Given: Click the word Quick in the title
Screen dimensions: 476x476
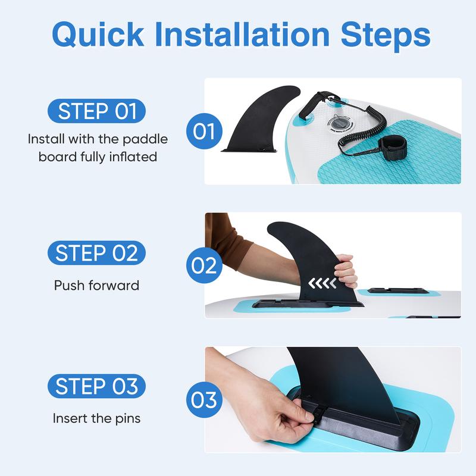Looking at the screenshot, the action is point(98,35).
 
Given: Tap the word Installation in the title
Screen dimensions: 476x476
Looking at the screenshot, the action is point(242,34).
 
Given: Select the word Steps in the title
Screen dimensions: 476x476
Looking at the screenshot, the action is point(386,36).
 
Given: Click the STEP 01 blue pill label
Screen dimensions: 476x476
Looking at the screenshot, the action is point(96,111).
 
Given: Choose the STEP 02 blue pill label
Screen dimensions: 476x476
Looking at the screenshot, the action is point(96,253).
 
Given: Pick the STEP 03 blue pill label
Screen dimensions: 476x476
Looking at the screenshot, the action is point(96,386).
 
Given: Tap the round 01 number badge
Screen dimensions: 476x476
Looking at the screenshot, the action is point(204,131).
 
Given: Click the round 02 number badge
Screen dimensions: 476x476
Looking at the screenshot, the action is point(204,265).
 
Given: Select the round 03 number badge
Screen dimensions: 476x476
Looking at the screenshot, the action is point(204,399).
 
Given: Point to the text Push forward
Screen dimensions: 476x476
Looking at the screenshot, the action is point(96,286).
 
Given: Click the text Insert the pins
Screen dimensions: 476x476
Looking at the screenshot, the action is point(96,418).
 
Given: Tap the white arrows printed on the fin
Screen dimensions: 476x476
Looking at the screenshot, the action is point(322,283).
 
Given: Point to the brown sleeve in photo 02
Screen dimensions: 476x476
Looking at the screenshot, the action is point(226,240).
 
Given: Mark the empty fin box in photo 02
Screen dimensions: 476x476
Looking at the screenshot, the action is point(398,291).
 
